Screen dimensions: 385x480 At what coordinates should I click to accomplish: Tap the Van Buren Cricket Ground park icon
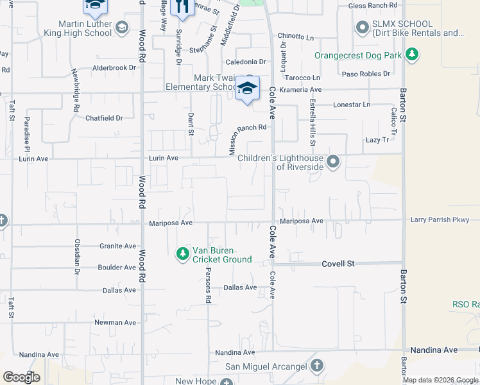pyautogui.click(x=183, y=254)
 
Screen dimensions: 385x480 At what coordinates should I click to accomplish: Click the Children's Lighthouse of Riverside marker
pyautogui.click(x=332, y=162)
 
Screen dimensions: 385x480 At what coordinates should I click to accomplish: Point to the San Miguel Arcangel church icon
pyautogui.click(x=316, y=366)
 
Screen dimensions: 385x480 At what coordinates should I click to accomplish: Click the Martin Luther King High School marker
pyautogui.click(x=122, y=28)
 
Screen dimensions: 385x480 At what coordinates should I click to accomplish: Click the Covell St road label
pyautogui.click(x=338, y=264)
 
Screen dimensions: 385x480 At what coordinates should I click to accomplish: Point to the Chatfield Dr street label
pyautogui.click(x=104, y=118)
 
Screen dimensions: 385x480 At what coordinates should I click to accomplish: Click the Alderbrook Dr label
pyautogui.click(x=116, y=67)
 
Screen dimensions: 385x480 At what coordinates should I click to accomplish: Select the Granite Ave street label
pyautogui.click(x=117, y=246)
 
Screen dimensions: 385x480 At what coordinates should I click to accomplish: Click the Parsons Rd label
pyautogui.click(x=209, y=291)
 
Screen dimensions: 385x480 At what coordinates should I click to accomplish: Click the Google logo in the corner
pyautogui.click(x=21, y=377)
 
